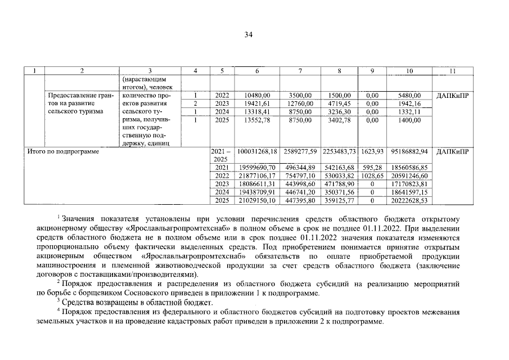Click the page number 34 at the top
[x=248, y=35]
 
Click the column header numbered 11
[x=453, y=71]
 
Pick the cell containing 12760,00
[x=300, y=103]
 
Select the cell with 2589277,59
[x=300, y=152]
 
